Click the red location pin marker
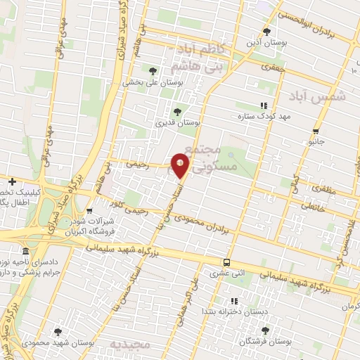pos(181,166)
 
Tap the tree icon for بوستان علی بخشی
pos(153,70)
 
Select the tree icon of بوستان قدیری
pos(176,111)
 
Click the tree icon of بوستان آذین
pos(266,32)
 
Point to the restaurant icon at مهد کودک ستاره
pos(264,105)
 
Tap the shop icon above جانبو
pos(316,131)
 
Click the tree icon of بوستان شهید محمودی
pos(58,332)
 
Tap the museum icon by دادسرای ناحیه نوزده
pos(26,252)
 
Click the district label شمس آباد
pos(328,98)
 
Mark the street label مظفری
pos(313,190)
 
